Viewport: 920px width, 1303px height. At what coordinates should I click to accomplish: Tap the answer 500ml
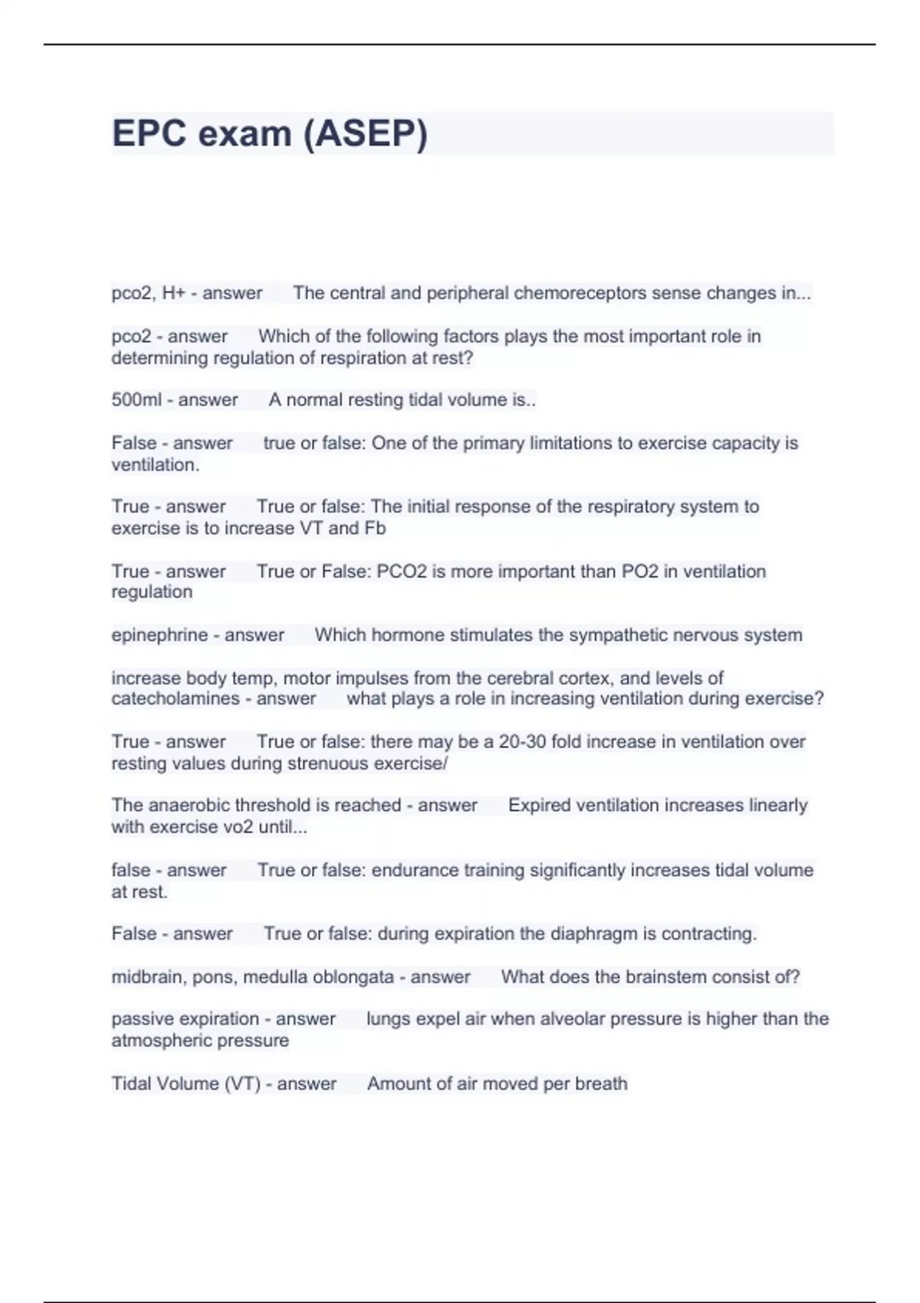tap(136, 400)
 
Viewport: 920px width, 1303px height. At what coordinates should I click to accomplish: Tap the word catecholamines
tap(176, 699)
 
